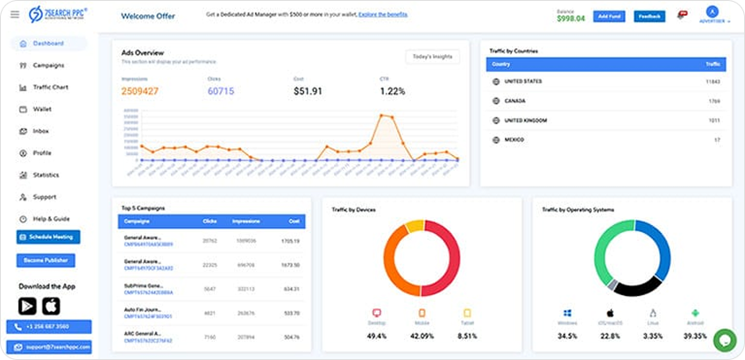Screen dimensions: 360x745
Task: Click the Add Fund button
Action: point(608,17)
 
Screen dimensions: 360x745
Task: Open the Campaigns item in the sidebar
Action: point(48,65)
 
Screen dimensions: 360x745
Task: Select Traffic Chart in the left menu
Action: point(50,87)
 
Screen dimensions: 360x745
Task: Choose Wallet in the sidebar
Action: point(42,109)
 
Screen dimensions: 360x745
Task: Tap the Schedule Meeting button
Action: point(48,237)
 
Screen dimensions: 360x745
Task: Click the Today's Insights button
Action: point(432,57)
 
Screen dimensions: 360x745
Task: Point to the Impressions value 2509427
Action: point(140,91)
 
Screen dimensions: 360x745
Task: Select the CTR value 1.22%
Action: point(393,91)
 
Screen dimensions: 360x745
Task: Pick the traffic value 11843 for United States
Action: point(713,81)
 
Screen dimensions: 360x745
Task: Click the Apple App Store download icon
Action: point(51,306)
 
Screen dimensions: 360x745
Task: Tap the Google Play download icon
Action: point(27,306)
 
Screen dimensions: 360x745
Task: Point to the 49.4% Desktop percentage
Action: point(377,335)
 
